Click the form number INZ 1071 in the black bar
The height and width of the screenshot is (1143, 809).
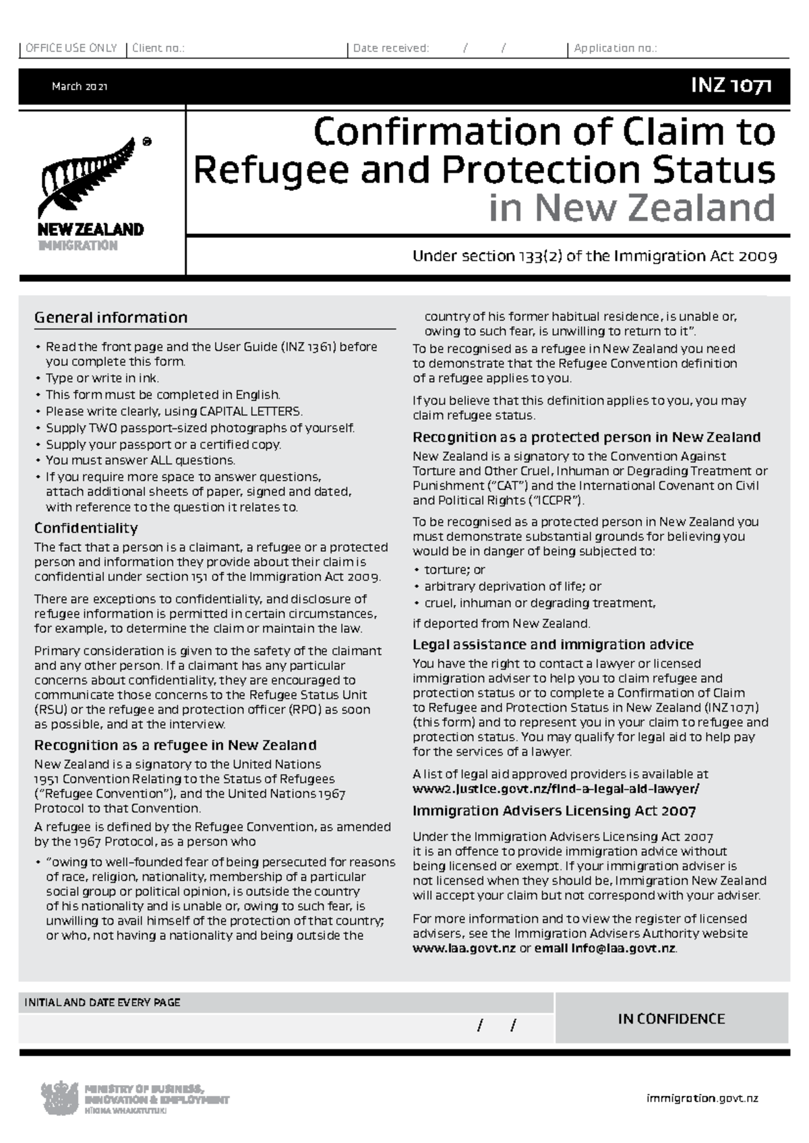coord(731,86)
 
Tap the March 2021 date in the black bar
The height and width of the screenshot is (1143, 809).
coord(80,87)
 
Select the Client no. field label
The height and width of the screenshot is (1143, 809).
coord(158,49)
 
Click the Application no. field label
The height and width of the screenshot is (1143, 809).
coord(615,49)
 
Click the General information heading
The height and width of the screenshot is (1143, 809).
coord(111,317)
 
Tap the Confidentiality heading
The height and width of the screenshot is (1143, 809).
coord(86,528)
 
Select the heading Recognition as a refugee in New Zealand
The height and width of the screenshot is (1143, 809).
coord(175,745)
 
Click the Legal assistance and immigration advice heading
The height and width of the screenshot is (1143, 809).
coord(553,644)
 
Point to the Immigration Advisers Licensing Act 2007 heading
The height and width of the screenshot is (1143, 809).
coord(553,811)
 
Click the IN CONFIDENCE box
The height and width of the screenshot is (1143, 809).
coord(671,1019)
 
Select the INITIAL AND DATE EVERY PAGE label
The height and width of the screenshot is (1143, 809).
coord(102,1002)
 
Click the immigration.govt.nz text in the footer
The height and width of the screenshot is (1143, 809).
coord(702,1098)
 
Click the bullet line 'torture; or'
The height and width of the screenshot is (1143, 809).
coord(454,570)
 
